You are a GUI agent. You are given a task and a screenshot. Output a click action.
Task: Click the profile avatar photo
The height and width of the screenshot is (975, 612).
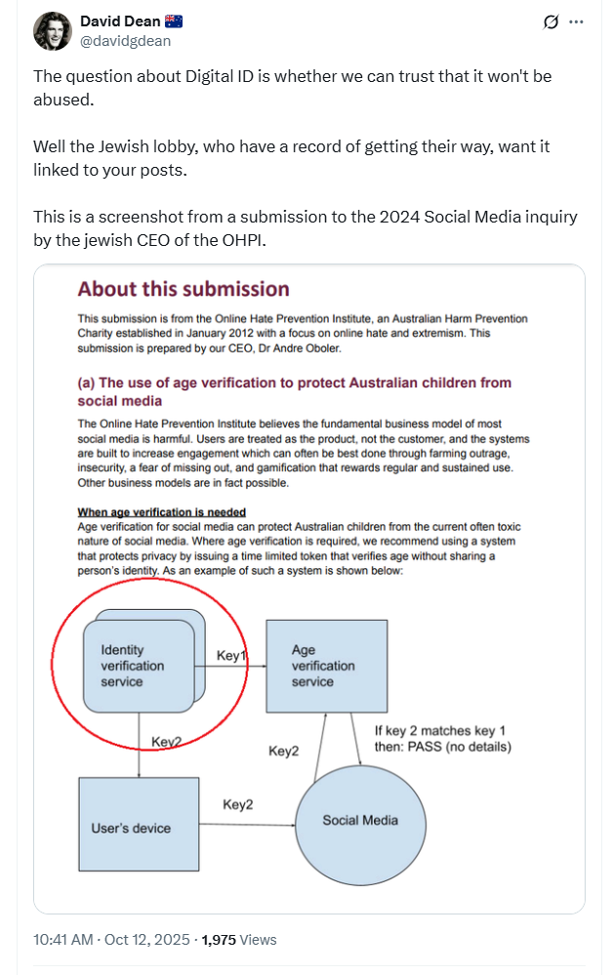tap(53, 31)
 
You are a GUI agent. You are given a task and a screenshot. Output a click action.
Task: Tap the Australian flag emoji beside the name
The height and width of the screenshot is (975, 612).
tap(173, 21)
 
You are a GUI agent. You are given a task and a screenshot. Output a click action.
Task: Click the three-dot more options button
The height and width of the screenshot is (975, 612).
tap(576, 21)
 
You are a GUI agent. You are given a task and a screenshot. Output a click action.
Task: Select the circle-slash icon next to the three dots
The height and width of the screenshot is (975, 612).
tap(550, 21)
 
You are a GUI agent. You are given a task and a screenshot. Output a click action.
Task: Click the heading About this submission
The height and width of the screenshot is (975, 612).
tap(184, 289)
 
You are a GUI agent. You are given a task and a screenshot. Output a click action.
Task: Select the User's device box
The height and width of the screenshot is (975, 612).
tap(131, 828)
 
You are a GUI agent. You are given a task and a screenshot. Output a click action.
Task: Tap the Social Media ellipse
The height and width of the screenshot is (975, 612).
tap(360, 820)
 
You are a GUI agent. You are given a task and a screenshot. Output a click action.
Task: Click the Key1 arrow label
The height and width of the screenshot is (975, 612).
tap(230, 656)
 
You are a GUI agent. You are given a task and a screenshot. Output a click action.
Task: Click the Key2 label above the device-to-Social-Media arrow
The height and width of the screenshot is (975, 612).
tap(238, 804)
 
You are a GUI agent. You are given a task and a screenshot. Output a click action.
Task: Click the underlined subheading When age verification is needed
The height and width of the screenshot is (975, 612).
tap(162, 512)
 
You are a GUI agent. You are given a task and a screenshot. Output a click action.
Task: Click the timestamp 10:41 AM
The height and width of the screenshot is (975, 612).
tap(63, 940)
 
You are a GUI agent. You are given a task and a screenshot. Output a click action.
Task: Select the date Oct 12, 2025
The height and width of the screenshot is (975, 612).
tap(146, 940)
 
